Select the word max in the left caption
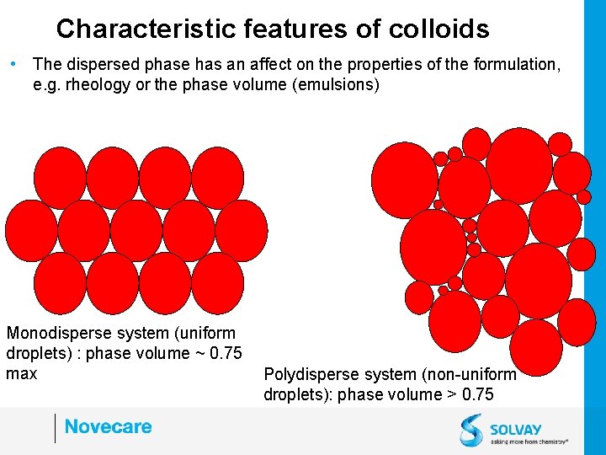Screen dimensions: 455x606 point(21,372)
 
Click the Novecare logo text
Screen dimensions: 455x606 point(108,426)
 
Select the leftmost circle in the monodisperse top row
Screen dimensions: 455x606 point(61,177)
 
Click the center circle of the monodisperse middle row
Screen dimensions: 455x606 point(136,230)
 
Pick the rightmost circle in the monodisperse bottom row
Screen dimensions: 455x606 point(217,282)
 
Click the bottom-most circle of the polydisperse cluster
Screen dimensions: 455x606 point(536,346)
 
